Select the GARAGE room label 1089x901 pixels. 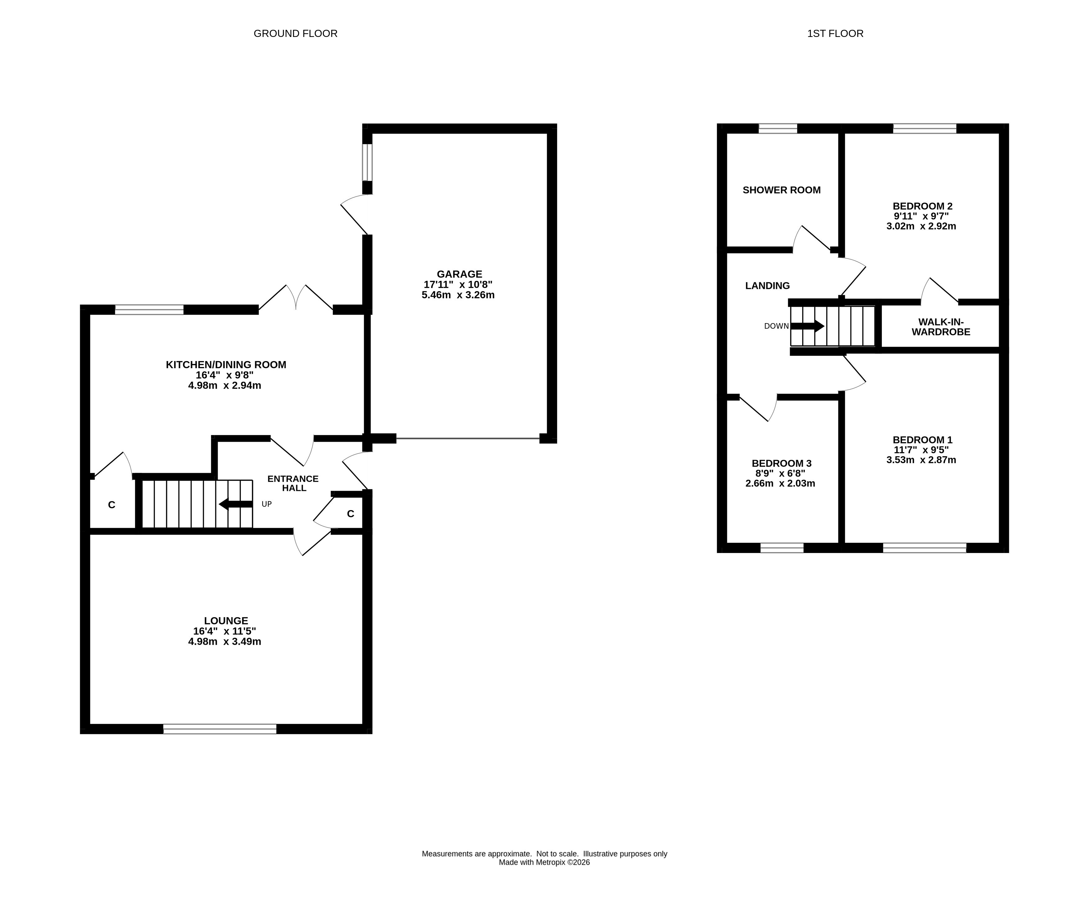(x=460, y=274)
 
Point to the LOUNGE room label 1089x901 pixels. (x=226, y=621)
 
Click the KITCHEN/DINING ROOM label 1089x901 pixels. (x=226, y=364)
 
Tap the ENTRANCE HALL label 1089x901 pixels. (x=293, y=483)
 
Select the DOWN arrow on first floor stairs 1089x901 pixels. (x=807, y=326)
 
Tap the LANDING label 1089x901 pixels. (x=768, y=286)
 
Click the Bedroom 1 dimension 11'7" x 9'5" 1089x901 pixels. (x=922, y=450)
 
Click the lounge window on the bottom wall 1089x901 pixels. (x=220, y=728)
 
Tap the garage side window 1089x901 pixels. (x=367, y=162)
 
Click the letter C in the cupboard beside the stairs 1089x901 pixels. (x=111, y=505)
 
